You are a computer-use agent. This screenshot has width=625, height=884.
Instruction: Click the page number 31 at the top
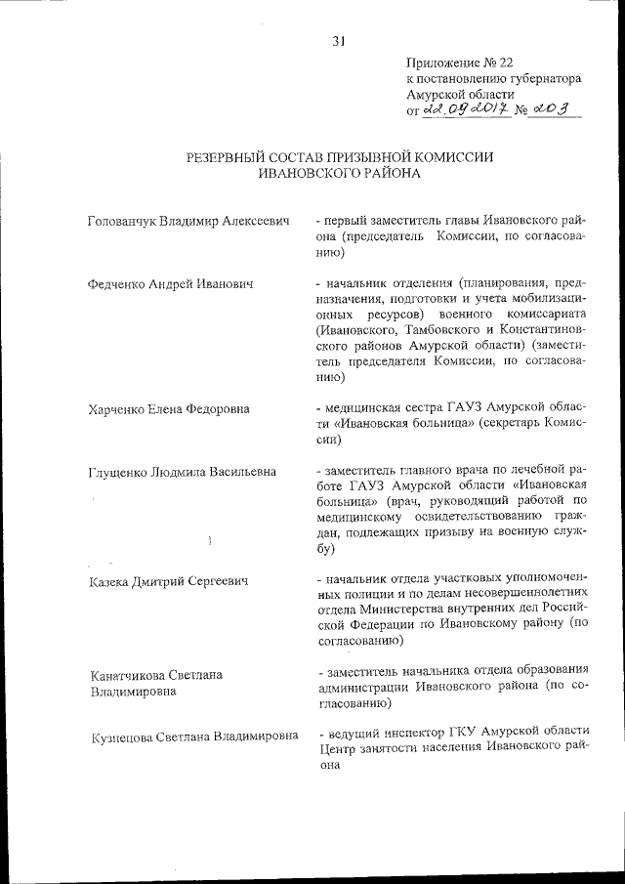pos(339,41)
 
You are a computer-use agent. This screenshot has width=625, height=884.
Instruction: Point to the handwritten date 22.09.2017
pos(469,112)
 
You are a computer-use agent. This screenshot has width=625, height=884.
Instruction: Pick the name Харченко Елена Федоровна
pos(168,408)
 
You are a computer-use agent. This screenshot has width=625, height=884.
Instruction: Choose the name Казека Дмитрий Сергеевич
pos(167,582)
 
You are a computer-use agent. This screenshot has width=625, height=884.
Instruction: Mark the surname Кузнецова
pos(123,737)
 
